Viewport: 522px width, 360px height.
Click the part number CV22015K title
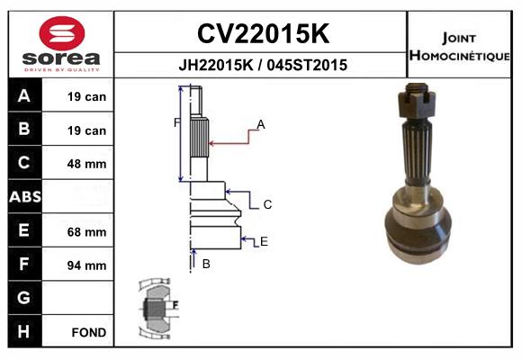pos(262,34)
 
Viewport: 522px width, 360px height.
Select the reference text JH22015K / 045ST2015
pos(262,66)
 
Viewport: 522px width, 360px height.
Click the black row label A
pos(24,96)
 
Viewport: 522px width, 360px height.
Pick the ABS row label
pos(24,196)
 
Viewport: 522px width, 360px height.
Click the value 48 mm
pos(88,164)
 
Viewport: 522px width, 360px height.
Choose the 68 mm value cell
pos(88,231)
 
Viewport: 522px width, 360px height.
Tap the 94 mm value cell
pos(88,265)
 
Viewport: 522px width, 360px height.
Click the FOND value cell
pos(88,332)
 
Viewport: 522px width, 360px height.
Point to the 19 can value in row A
pos(88,96)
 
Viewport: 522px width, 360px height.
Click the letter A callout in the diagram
pos(261,124)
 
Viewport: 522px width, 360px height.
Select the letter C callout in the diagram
pos(267,205)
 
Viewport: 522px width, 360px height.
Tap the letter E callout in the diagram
pos(265,241)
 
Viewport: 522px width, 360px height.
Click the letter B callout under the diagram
pos(206,264)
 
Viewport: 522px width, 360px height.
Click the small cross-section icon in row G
pos(157,308)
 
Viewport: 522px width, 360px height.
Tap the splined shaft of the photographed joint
pos(419,148)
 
